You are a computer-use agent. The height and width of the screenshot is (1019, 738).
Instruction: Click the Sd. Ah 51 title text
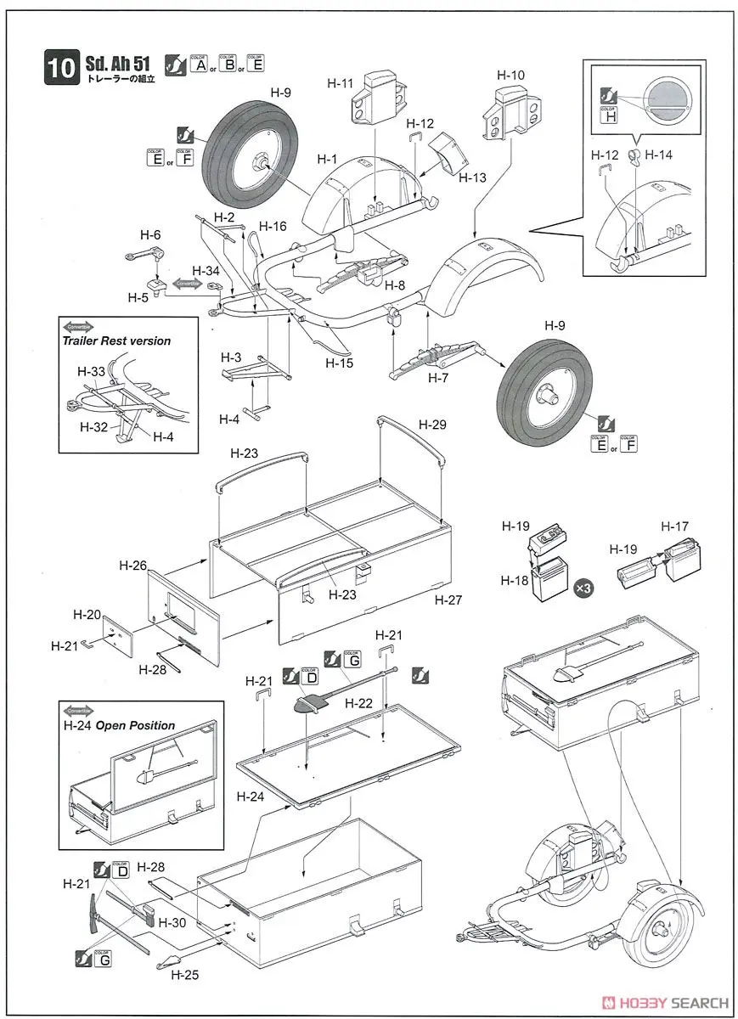[119, 63]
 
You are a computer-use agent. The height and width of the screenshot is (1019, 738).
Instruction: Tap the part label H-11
[340, 82]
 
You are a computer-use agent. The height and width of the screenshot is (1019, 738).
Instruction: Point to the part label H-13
[472, 177]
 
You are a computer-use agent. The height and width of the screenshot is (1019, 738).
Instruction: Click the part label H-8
[397, 286]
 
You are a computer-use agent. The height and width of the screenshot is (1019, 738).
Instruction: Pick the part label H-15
[340, 362]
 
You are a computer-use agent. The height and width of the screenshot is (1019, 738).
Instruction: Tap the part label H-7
[438, 378]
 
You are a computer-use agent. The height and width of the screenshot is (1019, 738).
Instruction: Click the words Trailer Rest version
[115, 341]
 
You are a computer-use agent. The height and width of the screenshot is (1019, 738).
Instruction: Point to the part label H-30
[171, 922]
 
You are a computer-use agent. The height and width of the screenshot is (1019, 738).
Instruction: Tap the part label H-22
[359, 702]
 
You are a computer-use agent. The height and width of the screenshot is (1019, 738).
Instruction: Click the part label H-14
[658, 155]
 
